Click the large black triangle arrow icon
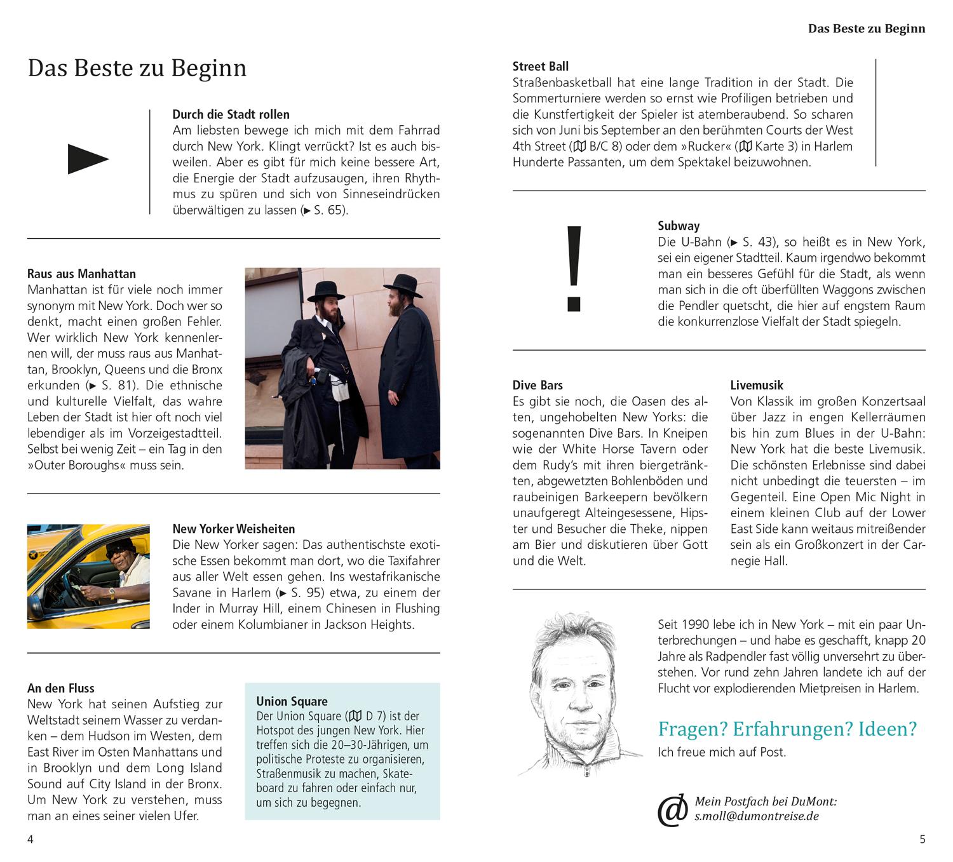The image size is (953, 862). pyautogui.click(x=88, y=159)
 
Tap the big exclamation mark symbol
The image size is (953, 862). pyautogui.click(x=574, y=269)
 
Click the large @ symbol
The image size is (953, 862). pyautogui.click(x=672, y=810)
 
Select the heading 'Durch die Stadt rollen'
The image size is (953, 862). pyautogui.click(x=231, y=114)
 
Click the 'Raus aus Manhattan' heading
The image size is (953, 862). pyautogui.click(x=81, y=274)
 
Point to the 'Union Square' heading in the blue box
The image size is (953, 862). pyautogui.click(x=292, y=701)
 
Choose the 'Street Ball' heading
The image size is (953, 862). pyautogui.click(x=540, y=66)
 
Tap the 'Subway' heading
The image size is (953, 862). pyautogui.click(x=679, y=226)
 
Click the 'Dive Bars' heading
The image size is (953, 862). pyautogui.click(x=537, y=385)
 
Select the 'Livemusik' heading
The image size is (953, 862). pyautogui.click(x=757, y=385)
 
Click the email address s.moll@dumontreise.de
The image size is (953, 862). pyautogui.click(x=757, y=816)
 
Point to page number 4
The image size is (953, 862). pyautogui.click(x=30, y=839)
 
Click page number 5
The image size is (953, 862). pyautogui.click(x=923, y=839)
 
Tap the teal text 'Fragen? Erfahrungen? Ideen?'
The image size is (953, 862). pyautogui.click(x=787, y=729)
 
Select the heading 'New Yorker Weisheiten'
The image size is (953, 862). pyautogui.click(x=233, y=529)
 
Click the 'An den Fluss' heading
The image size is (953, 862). pyautogui.click(x=61, y=688)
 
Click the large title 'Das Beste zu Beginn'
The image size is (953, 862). pyautogui.click(x=137, y=68)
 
